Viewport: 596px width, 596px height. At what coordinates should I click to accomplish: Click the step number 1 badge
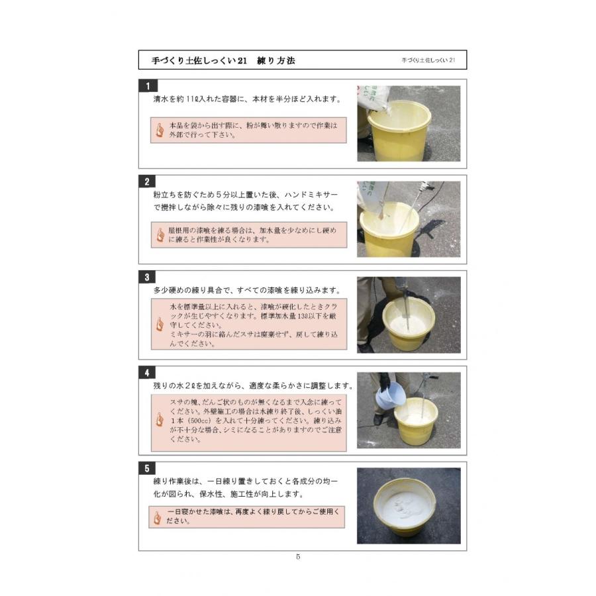[x=148, y=85]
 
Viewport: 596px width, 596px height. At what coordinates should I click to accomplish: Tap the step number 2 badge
[x=147, y=181]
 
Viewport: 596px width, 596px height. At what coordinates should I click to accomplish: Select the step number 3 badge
[x=147, y=277]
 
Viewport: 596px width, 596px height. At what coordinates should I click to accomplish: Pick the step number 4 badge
[x=147, y=373]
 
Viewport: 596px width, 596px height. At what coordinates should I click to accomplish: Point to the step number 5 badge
[x=147, y=469]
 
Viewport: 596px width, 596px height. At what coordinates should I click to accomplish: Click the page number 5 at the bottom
[x=298, y=556]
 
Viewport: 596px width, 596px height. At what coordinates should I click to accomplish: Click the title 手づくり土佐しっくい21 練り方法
[x=223, y=60]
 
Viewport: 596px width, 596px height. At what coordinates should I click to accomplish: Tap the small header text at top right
[x=428, y=60]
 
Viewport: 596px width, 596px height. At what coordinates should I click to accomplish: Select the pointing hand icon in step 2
[x=160, y=235]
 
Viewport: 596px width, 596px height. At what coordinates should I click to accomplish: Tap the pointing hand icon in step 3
[x=160, y=324]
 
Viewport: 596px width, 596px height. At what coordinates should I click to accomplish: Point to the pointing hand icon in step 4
[x=160, y=420]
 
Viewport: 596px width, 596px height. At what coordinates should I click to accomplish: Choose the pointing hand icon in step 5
[x=158, y=518]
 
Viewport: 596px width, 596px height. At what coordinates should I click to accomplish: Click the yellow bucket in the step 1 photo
[x=399, y=130]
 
